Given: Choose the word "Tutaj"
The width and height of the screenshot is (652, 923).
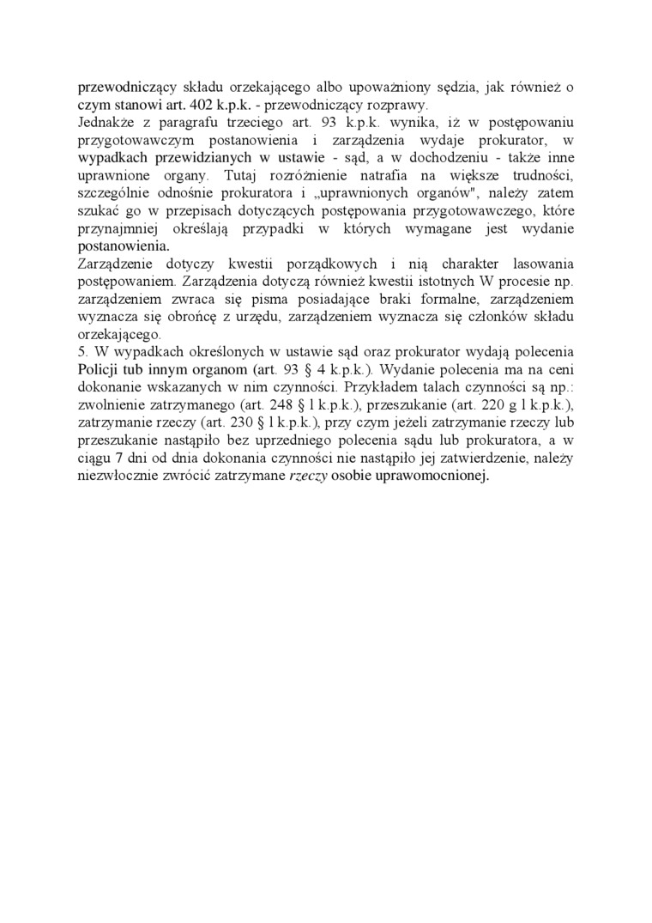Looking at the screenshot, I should pos(238,176).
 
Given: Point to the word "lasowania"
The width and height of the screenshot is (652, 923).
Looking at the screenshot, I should pos(544,264).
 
